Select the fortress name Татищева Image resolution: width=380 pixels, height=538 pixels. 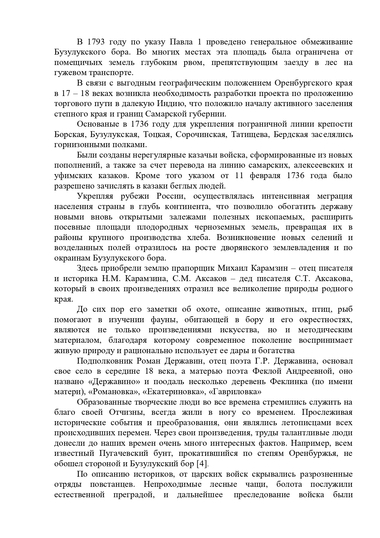pos(250,135)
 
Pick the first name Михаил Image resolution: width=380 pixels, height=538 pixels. pos(232,268)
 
